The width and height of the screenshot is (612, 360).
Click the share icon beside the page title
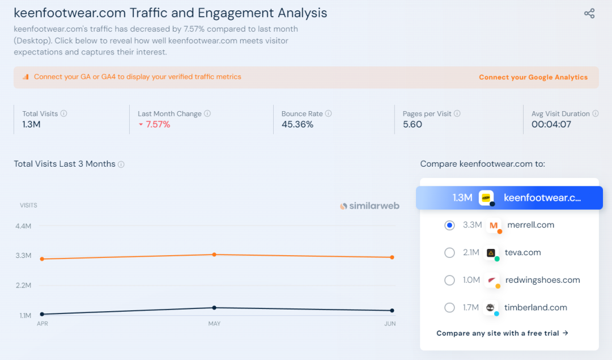tap(589, 13)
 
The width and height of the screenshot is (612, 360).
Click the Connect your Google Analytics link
tap(533, 77)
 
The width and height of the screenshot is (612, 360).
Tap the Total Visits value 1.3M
tap(32, 125)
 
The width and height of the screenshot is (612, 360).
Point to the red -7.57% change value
tap(158, 125)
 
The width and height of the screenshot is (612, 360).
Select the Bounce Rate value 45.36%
tap(297, 125)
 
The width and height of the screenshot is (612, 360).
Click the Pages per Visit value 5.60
tap(413, 125)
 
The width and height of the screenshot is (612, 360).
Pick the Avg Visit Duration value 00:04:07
tap(551, 125)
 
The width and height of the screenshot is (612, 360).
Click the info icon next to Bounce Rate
tap(329, 113)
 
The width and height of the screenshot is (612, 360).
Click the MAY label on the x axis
tap(214, 324)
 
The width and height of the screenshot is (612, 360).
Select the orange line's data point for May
tap(214, 255)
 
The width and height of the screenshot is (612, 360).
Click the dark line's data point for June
tap(392, 311)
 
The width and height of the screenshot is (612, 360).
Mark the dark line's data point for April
tap(42, 314)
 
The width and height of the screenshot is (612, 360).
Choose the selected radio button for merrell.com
tap(449, 225)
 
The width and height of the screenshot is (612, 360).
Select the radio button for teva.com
tap(449, 253)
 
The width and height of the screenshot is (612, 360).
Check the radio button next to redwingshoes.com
tap(449, 280)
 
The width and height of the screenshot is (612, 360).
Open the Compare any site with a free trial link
tap(502, 333)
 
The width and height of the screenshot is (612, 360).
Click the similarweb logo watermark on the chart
tap(369, 206)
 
